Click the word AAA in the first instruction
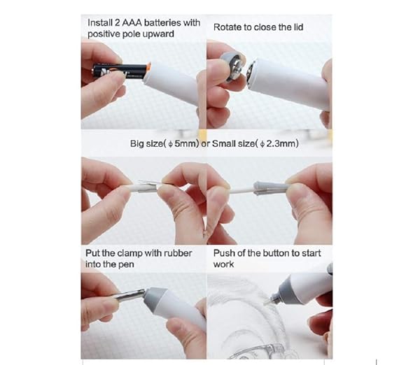(132, 23)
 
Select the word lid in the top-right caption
(297, 27)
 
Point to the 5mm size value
(186, 144)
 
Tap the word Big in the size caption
(136, 144)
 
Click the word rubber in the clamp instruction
(178, 253)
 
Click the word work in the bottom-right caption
(224, 264)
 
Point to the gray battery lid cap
(232, 67)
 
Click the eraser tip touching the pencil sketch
(266, 302)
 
